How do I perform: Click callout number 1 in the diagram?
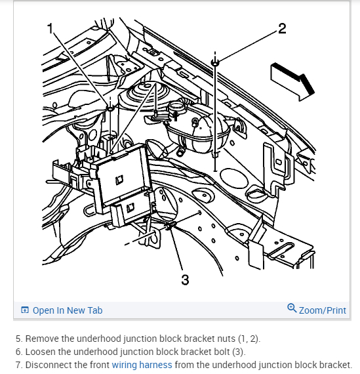(x=50, y=28)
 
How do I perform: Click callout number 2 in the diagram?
(x=282, y=29)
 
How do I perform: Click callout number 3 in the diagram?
(x=185, y=280)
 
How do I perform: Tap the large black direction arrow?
(x=292, y=81)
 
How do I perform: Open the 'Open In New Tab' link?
(x=68, y=310)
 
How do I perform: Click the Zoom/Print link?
(x=323, y=310)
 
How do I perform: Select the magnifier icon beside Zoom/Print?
(x=292, y=308)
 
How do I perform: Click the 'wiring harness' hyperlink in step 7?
(x=142, y=365)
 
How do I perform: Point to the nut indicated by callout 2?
(x=215, y=63)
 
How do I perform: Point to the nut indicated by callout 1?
(x=110, y=108)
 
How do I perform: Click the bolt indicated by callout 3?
(x=170, y=226)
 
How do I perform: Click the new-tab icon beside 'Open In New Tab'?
(x=25, y=310)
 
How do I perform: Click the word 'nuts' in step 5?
(x=226, y=339)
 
